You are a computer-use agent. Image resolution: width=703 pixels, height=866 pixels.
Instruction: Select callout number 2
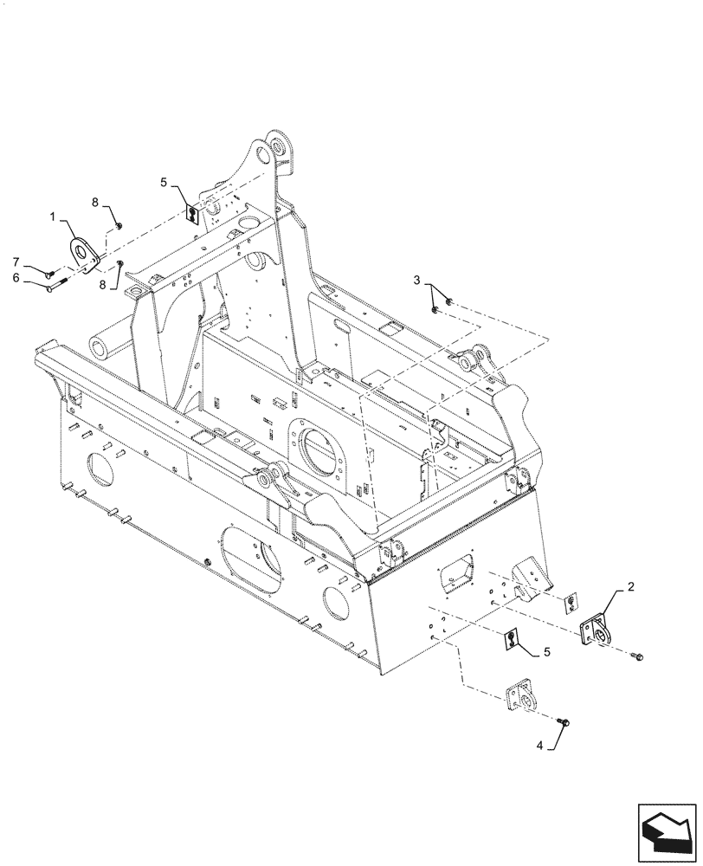(630, 587)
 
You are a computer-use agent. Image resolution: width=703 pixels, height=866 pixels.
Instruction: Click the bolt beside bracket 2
(637, 659)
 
